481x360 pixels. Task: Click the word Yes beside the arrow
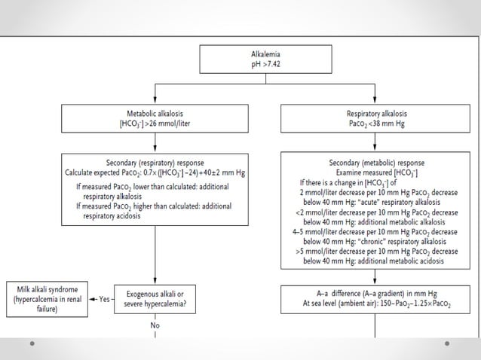click(104, 299)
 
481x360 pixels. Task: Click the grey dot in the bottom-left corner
click(32, 346)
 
